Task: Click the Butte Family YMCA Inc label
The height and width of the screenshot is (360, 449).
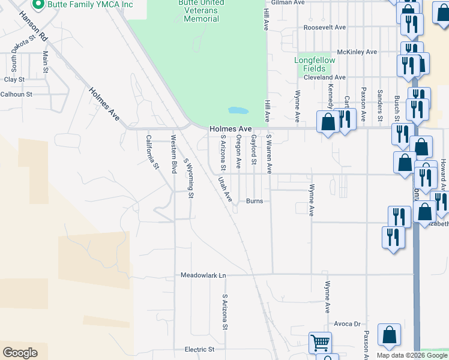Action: [90, 5]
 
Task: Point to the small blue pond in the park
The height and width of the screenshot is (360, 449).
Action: [238, 111]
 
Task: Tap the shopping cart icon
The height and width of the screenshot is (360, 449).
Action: [320, 343]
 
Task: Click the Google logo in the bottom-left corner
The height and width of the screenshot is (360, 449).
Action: [20, 352]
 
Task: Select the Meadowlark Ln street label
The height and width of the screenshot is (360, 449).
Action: [203, 275]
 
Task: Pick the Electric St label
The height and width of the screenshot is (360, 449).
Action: [199, 349]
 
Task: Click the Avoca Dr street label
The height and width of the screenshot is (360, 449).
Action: [347, 323]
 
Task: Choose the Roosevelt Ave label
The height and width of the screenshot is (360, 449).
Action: [325, 28]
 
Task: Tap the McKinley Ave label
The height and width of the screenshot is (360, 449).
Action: [357, 52]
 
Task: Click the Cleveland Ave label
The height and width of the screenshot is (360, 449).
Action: [324, 77]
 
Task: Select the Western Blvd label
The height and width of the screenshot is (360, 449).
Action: [173, 154]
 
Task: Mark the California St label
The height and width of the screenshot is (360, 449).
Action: [152, 151]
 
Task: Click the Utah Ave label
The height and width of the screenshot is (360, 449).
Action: [224, 188]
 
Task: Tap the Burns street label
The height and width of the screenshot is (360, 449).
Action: [255, 201]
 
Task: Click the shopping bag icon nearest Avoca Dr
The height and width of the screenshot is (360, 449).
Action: [389, 336]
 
